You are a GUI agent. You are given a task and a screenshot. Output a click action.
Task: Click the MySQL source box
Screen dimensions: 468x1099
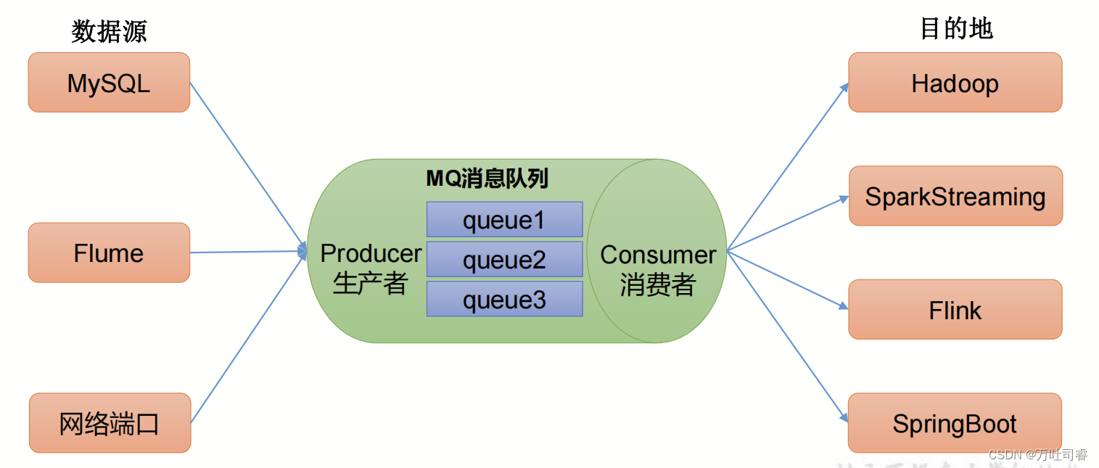click(x=109, y=83)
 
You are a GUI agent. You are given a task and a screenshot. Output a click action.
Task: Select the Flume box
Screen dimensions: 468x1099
click(x=109, y=253)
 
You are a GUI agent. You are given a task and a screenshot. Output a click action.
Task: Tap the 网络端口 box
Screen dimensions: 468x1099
click(x=110, y=422)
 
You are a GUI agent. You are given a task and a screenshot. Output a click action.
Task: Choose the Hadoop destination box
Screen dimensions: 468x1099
click(x=955, y=83)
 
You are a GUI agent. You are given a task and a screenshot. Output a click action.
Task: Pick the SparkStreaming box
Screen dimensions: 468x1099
click(x=955, y=196)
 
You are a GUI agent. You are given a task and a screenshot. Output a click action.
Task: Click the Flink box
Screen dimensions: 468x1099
click(x=955, y=310)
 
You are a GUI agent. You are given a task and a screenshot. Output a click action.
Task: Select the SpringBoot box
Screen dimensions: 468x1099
click(x=955, y=423)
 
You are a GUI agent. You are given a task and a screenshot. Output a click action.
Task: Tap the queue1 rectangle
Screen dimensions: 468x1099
click(x=504, y=219)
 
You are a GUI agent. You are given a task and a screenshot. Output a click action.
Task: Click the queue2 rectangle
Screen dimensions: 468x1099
click(x=504, y=259)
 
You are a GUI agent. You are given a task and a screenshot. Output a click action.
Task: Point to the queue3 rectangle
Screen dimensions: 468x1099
click(x=504, y=299)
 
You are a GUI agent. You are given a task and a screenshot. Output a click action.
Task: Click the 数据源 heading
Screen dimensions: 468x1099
click(x=109, y=30)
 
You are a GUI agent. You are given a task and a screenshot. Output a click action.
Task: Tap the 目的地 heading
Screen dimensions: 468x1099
click(x=956, y=29)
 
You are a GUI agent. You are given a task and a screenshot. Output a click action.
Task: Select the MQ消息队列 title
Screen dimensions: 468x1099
click(x=487, y=178)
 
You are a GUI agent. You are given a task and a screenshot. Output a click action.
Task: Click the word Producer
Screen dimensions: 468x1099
click(x=371, y=253)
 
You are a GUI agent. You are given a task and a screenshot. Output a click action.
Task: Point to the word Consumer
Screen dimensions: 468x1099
click(x=658, y=255)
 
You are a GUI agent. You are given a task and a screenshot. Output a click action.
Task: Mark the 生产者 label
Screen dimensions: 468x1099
click(x=370, y=284)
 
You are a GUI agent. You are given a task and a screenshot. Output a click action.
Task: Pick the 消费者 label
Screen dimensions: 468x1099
click(x=657, y=285)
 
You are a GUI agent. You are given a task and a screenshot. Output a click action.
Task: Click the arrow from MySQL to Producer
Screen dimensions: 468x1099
click(x=247, y=166)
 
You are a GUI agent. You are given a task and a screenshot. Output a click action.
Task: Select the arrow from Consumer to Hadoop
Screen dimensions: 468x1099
click(x=787, y=167)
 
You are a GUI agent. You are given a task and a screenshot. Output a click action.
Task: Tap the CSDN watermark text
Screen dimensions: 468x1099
click(x=1038, y=455)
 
